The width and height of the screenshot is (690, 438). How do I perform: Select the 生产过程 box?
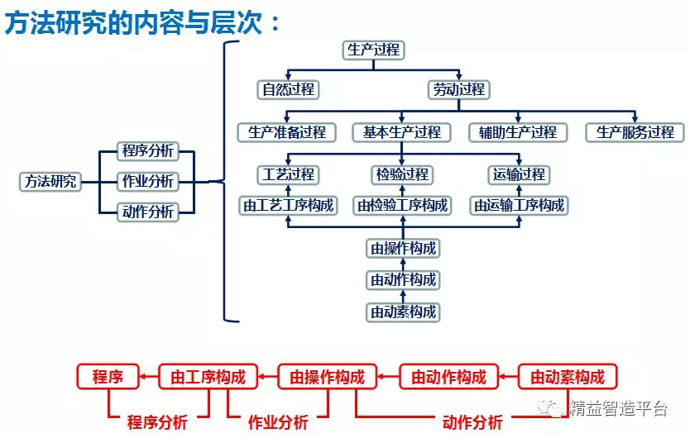point(373,50)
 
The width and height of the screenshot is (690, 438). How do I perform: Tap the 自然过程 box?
point(288,90)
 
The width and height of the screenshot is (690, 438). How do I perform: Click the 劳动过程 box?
point(459,90)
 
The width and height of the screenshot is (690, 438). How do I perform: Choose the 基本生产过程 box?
point(402,132)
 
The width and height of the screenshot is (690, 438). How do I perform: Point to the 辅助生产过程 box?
point(518,132)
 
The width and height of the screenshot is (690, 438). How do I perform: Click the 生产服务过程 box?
point(635,132)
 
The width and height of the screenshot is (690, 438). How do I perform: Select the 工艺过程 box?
point(288,174)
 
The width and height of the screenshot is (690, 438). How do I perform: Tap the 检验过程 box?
point(402,174)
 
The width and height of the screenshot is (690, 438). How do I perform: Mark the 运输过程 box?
point(519,174)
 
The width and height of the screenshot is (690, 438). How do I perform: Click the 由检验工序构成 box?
point(402,205)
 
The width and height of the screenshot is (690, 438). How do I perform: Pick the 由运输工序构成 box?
point(519,205)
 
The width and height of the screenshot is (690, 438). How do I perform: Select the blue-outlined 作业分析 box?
point(148,181)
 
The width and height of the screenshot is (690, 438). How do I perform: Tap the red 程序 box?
point(108,378)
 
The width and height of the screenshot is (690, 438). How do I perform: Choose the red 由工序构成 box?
point(208,378)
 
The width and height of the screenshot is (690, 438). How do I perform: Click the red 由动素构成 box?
point(568,378)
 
